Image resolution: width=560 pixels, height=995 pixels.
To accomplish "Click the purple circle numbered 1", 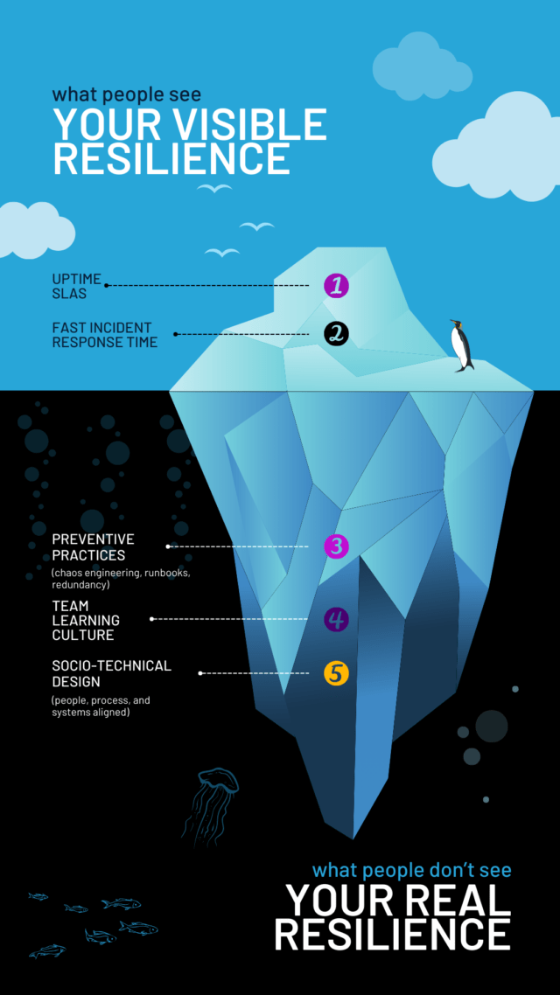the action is [x=336, y=285].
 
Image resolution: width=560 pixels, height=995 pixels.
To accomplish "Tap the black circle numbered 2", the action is [x=336, y=333].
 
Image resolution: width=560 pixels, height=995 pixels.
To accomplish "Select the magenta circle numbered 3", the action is [x=336, y=546].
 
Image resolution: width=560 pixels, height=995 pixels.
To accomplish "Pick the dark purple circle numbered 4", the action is [x=336, y=620].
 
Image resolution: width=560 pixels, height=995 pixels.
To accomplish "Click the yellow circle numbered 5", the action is [x=336, y=673].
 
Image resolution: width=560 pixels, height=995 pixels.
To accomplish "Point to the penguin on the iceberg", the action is [x=461, y=345].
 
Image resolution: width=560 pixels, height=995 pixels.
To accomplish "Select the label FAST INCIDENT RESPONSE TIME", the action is [x=104, y=335].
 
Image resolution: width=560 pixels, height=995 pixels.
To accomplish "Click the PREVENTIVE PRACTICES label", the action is [x=93, y=547].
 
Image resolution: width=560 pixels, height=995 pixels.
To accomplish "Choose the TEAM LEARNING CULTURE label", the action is [x=85, y=621].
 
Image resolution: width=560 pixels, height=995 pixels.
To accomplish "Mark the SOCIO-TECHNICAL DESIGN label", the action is [x=111, y=673].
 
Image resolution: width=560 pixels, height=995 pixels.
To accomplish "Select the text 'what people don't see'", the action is [x=411, y=870].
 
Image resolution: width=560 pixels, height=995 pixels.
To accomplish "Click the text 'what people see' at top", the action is [x=126, y=94].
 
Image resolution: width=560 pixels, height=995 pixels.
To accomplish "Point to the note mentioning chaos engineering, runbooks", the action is [x=120, y=578].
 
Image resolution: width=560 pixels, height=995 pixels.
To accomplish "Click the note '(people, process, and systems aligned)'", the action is [x=100, y=706].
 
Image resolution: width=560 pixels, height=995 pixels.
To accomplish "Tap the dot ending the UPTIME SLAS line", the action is [x=107, y=285].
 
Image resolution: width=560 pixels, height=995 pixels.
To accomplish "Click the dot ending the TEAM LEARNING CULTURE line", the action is [x=152, y=619].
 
